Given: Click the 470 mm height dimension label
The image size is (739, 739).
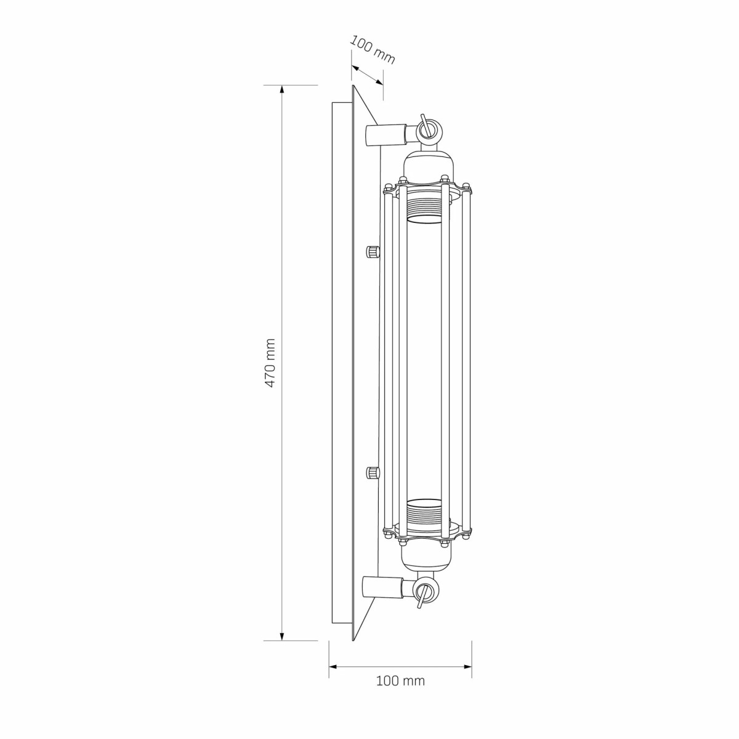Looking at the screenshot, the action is (x=270, y=363).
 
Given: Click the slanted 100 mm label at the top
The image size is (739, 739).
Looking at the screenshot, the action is (x=373, y=50).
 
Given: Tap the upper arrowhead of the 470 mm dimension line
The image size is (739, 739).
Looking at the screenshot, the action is (x=282, y=90).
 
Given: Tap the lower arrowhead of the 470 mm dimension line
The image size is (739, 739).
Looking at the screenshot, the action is (x=282, y=636).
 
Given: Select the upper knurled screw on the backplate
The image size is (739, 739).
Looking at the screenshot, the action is (x=373, y=252).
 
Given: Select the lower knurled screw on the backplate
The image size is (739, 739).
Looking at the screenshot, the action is (x=373, y=473).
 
